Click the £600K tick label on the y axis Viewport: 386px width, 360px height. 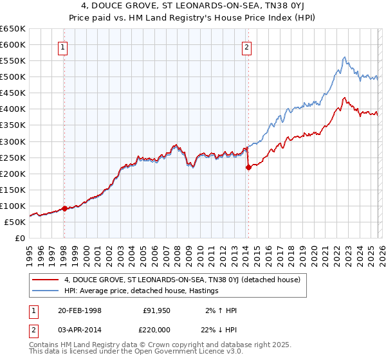click(13, 44)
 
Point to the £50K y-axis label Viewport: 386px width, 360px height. click(15, 222)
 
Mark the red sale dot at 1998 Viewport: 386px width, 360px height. click(64, 208)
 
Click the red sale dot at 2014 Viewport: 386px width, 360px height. click(248, 167)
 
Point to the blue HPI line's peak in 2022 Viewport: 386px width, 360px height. click(344, 57)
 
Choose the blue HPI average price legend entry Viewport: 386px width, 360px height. click(142, 291)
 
